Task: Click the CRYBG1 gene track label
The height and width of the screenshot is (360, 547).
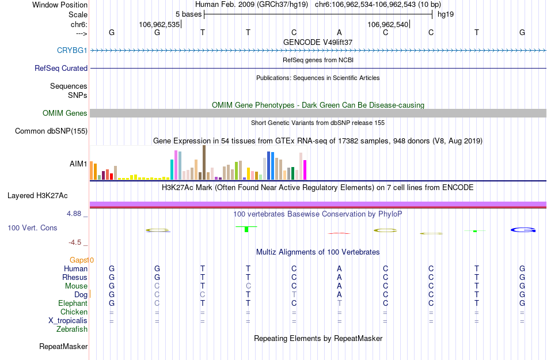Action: [x=72, y=50]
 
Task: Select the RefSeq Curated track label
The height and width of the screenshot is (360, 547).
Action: [x=61, y=68]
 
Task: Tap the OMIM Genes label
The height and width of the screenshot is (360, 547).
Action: [x=65, y=113]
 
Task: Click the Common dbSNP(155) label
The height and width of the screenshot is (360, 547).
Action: [x=51, y=131]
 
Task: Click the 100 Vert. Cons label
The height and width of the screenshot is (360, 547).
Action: [x=33, y=228]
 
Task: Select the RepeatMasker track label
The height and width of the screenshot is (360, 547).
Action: [x=63, y=347]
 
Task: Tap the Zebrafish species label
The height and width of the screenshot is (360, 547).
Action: [x=72, y=329]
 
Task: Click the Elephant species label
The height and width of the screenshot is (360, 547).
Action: [x=73, y=304]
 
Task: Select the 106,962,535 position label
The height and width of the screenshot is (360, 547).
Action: [x=159, y=24]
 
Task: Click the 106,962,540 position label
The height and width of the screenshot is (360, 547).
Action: [x=388, y=24]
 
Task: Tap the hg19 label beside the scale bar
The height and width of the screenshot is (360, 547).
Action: [x=446, y=14]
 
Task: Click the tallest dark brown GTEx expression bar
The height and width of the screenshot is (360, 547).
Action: [x=204, y=162]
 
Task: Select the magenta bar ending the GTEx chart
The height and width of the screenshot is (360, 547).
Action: [x=305, y=170]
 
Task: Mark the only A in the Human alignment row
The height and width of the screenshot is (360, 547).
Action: [x=339, y=269]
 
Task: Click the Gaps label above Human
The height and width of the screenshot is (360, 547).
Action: [x=81, y=260]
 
